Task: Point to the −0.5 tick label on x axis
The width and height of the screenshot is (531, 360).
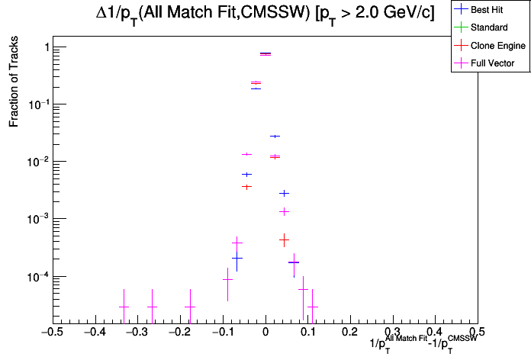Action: pyautogui.click(x=51, y=333)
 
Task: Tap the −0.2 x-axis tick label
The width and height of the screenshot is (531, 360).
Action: pyautogui.click(x=179, y=333)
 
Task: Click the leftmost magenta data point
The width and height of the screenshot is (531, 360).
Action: pyautogui.click(x=123, y=307)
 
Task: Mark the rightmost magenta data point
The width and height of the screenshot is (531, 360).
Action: pyautogui.click(x=313, y=307)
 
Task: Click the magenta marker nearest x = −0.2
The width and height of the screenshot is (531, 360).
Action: pyautogui.click(x=190, y=307)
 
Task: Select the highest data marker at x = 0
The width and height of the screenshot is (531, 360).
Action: pyautogui.click(x=265, y=53)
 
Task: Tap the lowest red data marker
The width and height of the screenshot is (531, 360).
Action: pyautogui.click(x=284, y=239)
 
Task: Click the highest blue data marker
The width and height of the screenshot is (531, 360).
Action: pyautogui.click(x=256, y=88)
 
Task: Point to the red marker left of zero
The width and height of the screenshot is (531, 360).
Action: pyautogui.click(x=246, y=186)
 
